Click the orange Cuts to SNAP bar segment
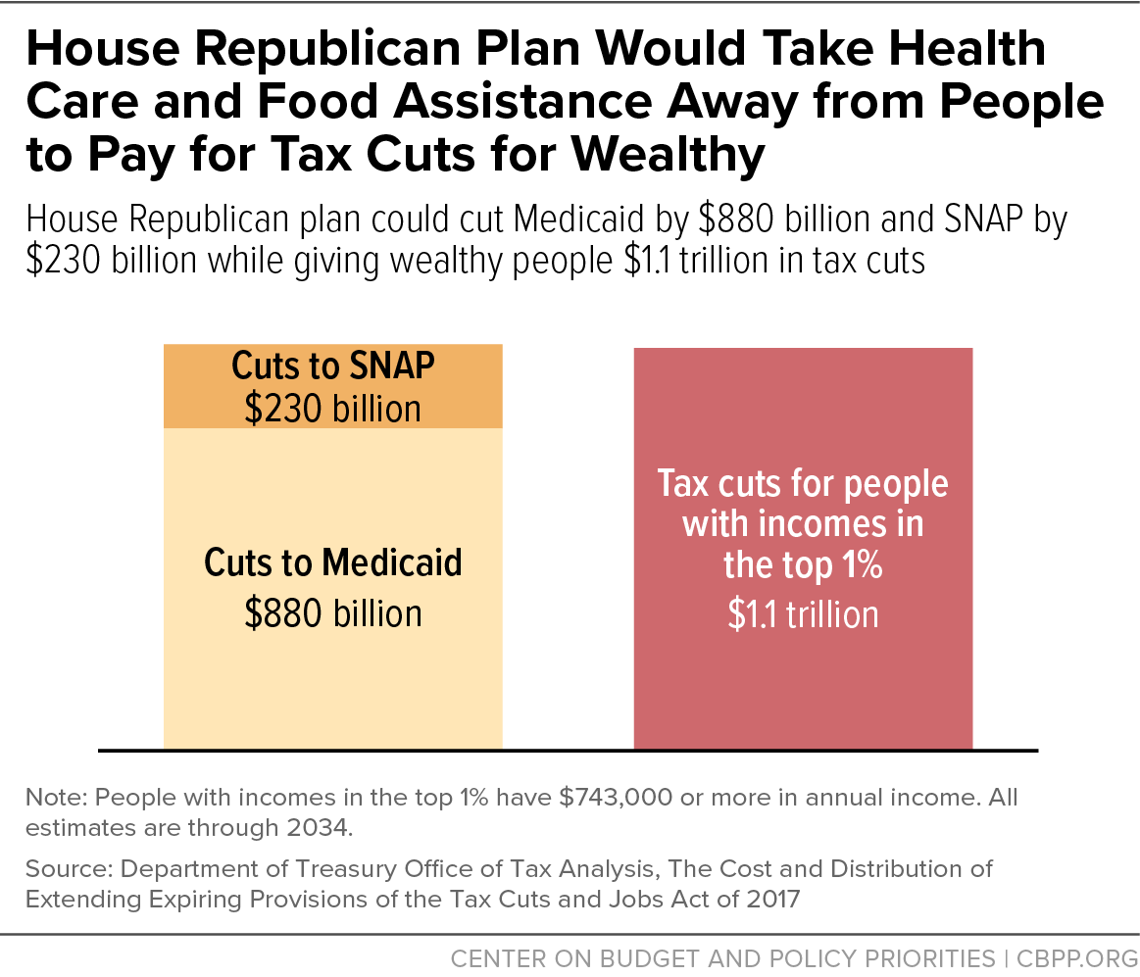[333, 386]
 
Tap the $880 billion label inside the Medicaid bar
[333, 613]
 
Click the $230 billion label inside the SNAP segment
[333, 408]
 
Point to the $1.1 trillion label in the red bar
[803, 614]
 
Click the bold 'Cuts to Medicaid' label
[333, 563]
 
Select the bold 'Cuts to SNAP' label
[333, 366]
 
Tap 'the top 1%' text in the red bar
[803, 565]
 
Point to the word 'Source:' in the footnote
[63, 869]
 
